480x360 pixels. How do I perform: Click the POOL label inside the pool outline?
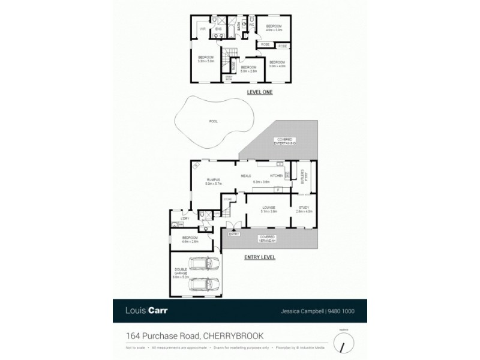(213, 121)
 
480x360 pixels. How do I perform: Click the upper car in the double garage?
(204, 265)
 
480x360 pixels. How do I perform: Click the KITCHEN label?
(276, 175)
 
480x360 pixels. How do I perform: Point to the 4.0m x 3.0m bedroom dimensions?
(274, 29)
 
